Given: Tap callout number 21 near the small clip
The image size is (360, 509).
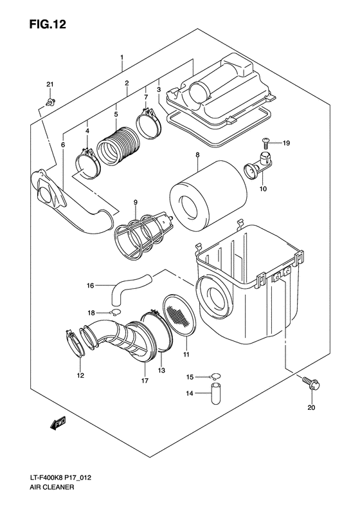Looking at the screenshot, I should pos(50,85).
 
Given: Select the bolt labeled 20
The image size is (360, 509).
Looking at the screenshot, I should pos(311,384).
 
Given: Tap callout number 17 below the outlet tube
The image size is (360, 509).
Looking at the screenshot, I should pos(145,382).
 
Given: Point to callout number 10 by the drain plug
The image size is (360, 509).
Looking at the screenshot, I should pos(263,189).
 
